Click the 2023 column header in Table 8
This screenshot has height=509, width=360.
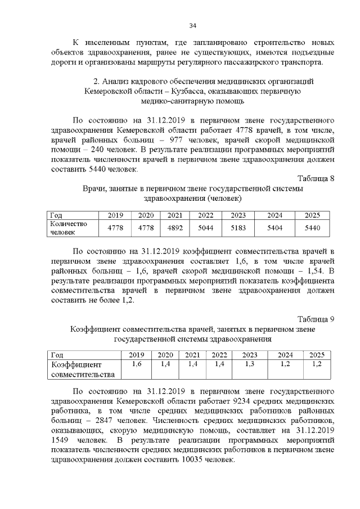pos(238,215)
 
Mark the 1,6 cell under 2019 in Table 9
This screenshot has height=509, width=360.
pos(136,364)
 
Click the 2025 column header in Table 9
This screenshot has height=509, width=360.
pos(317,355)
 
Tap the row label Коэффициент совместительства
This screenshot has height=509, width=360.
pos(82,369)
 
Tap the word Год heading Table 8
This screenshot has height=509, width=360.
pos(56,215)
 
